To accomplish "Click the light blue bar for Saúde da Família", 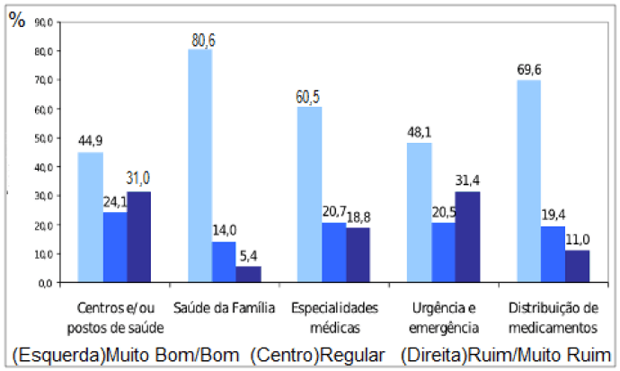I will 199,166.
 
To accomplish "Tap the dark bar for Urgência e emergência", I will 468,237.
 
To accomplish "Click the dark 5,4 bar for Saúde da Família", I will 249,274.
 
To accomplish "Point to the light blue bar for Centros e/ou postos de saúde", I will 90,217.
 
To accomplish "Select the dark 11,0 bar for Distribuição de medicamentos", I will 578,266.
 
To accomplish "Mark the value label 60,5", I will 309,98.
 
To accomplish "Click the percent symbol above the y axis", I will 17,21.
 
